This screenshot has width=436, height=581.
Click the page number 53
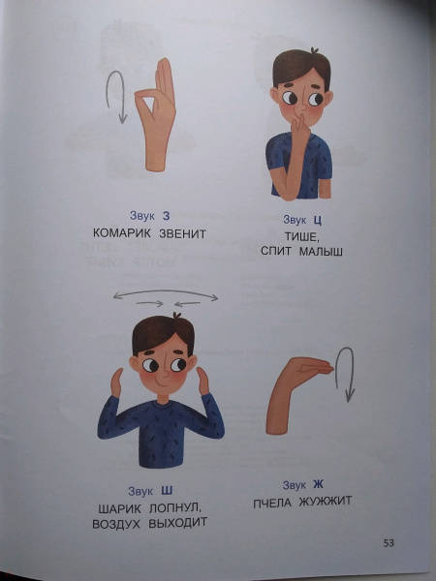[389, 543]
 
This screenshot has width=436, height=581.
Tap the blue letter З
[166, 216]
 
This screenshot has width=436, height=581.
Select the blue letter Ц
[318, 220]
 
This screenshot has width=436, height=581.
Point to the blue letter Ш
[167, 491]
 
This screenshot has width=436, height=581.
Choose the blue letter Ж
[318, 484]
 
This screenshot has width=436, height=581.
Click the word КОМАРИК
[122, 233]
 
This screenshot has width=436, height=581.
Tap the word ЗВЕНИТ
[182, 233]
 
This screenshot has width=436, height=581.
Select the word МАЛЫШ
[321, 251]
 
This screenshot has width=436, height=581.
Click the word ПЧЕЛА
[272, 503]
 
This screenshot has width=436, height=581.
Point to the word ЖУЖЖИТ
[325, 502]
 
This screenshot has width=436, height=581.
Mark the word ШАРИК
[120, 508]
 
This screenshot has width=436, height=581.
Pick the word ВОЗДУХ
[116, 524]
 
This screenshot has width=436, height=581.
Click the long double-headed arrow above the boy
[166, 290]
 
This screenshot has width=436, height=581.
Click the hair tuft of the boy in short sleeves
[315, 50]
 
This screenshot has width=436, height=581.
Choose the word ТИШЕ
[301, 236]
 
